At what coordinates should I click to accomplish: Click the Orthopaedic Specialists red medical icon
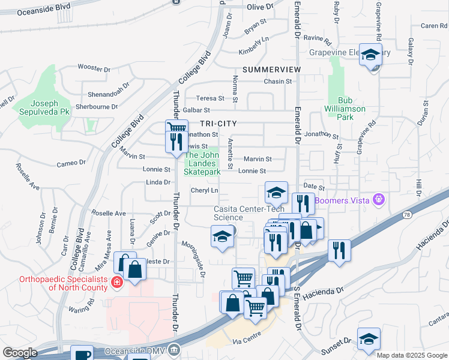coord(116,282)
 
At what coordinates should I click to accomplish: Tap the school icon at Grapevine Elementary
coord(371,56)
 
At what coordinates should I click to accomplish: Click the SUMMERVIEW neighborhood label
coord(272,70)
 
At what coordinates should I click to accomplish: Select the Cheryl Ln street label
coord(204,190)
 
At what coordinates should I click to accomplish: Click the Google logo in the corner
coord(20,353)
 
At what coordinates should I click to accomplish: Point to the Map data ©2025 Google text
coord(412,355)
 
